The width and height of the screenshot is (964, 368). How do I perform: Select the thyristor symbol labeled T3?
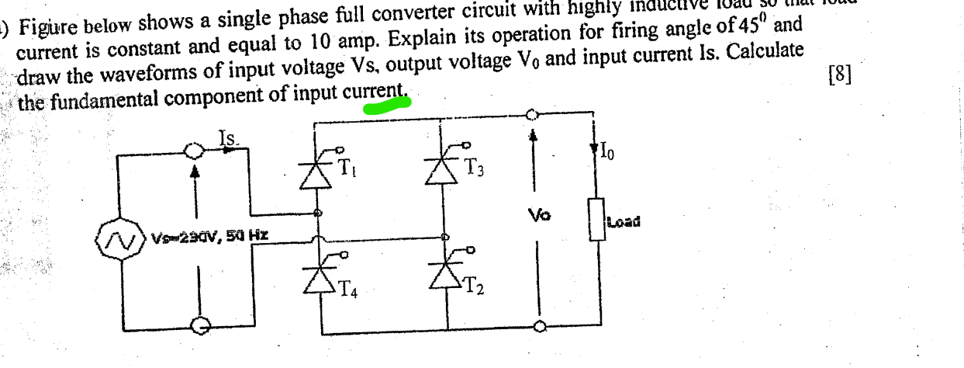pos(447,167)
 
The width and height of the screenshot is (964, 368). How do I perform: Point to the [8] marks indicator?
pos(839,75)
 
